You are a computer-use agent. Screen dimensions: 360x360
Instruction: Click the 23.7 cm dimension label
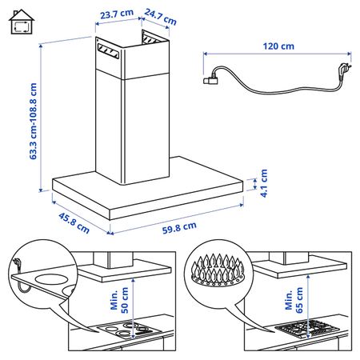[x=115, y=14]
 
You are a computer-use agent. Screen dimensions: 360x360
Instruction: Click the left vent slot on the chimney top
[x=109, y=54]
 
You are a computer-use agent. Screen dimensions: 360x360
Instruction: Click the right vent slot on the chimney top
[x=153, y=37]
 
